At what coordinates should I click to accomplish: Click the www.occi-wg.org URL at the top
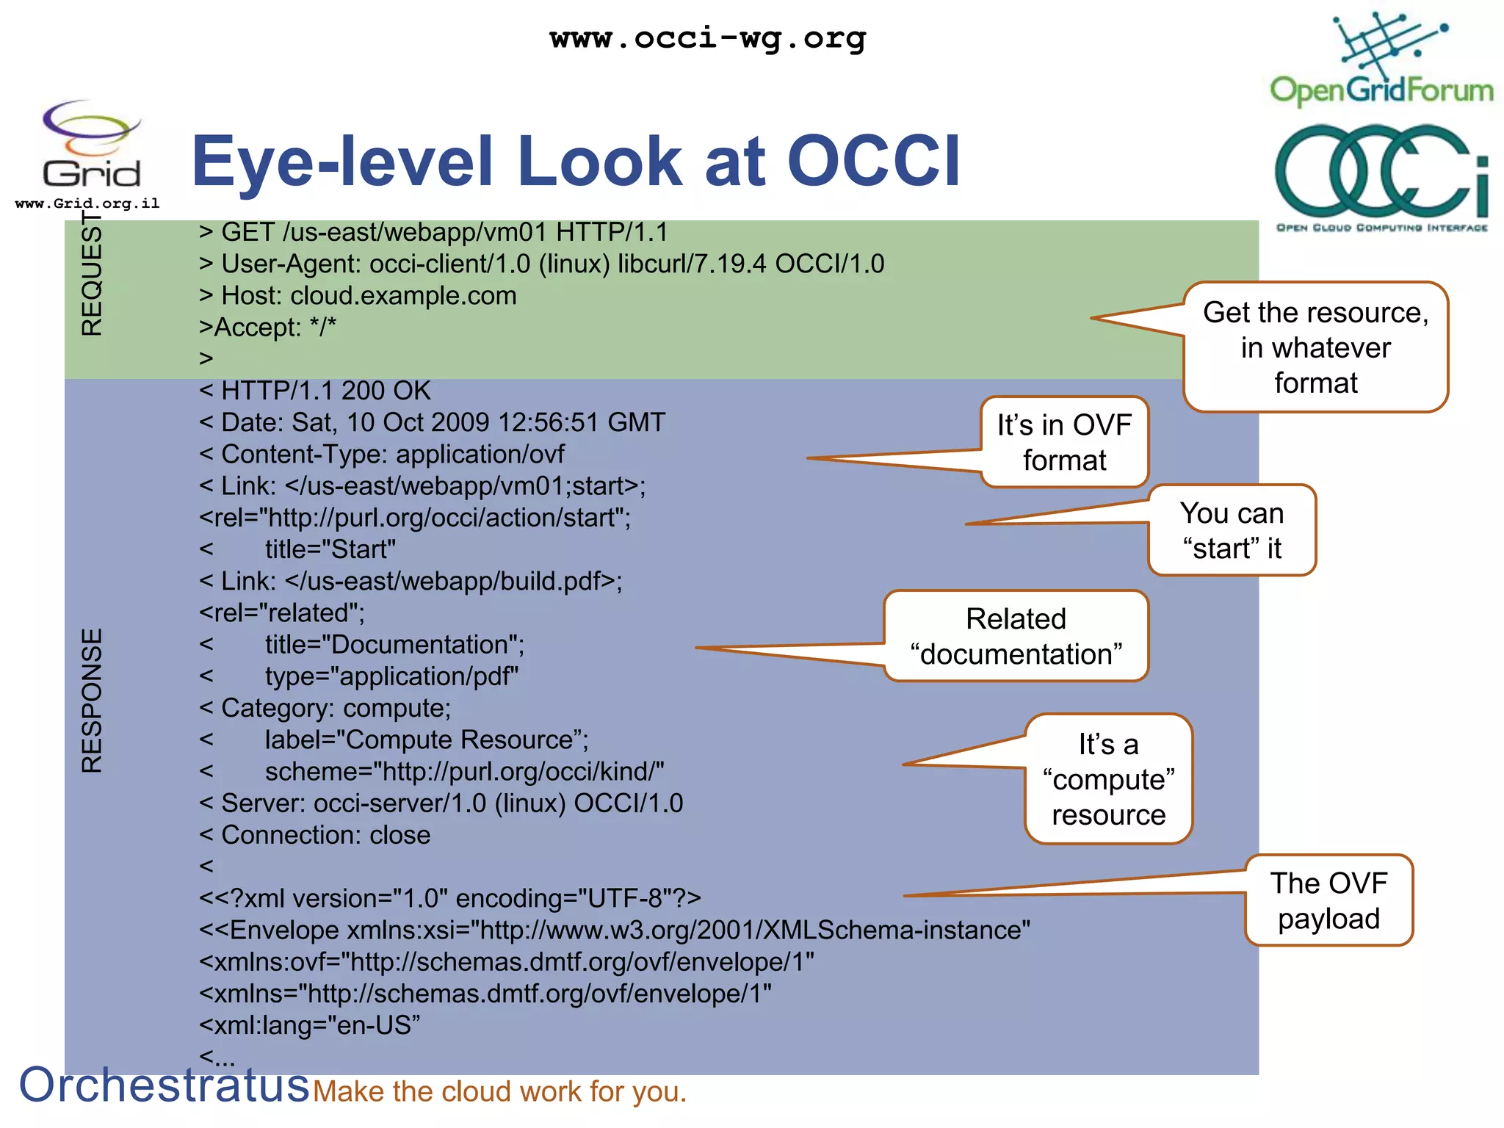pos(707,38)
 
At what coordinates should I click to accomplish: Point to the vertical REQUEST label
pos(92,275)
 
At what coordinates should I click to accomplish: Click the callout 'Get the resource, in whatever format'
pos(1315,347)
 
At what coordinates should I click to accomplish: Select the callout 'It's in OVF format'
pos(1064,442)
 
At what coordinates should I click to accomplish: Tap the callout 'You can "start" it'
pos(1232,530)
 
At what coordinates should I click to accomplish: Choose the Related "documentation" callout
pos(1016,636)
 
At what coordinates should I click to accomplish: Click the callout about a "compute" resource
pos(1108,779)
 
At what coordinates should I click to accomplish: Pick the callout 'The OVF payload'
pos(1328,900)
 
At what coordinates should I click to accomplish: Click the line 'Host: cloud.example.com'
pos(358,295)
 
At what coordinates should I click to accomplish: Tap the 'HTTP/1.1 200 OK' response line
pos(315,391)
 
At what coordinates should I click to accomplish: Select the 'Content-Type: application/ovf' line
pos(382,454)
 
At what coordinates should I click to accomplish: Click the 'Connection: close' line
pos(315,835)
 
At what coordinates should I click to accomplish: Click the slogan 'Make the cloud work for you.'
pos(499,1091)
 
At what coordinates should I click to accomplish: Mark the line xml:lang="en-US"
pos(309,1025)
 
